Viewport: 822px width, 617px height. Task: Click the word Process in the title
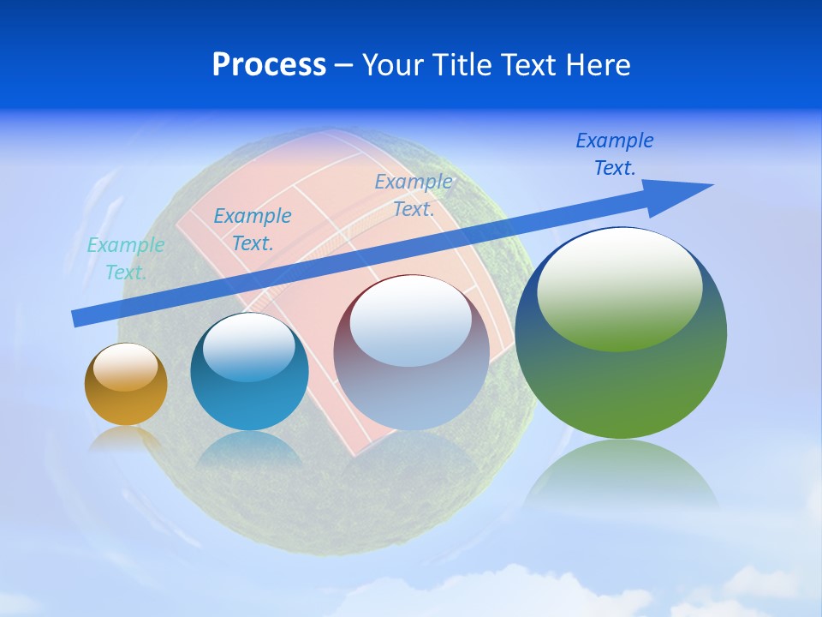pyautogui.click(x=269, y=64)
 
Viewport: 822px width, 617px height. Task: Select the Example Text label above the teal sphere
pyautogui.click(x=253, y=230)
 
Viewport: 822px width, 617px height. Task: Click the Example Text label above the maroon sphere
pyautogui.click(x=414, y=195)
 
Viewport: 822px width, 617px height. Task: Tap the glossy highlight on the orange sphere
pyautogui.click(x=125, y=368)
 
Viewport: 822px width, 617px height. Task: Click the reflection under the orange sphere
pyautogui.click(x=126, y=439)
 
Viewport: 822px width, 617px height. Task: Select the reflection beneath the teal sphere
pyautogui.click(x=249, y=450)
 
